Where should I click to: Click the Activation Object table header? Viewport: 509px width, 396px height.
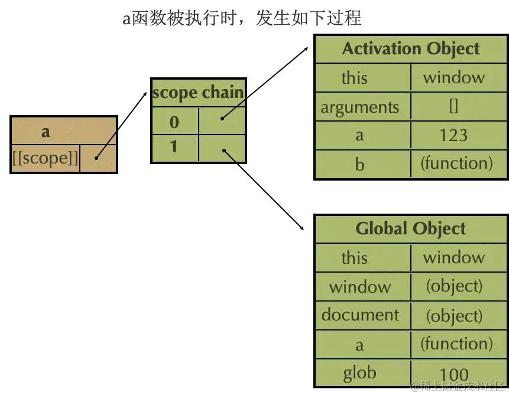click(x=410, y=48)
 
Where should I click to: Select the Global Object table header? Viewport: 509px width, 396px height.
click(x=410, y=228)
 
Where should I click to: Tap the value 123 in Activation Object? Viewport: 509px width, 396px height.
click(x=453, y=135)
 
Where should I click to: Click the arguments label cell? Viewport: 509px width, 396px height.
click(x=359, y=107)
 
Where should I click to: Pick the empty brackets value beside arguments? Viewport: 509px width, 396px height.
click(x=453, y=106)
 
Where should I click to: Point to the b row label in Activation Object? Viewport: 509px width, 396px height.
click(x=359, y=164)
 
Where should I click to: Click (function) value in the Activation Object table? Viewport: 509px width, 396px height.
click(x=456, y=163)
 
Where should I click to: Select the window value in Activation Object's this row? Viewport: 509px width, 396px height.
click(x=453, y=77)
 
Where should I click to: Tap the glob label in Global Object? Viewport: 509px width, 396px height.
click(x=359, y=373)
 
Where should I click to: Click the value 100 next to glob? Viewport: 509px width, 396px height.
click(x=453, y=374)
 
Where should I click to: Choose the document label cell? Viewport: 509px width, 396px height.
click(x=360, y=315)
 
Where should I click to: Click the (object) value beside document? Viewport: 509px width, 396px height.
click(x=454, y=316)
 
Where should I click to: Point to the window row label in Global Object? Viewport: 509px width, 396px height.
click(x=360, y=287)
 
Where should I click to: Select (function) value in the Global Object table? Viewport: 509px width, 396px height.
click(x=456, y=343)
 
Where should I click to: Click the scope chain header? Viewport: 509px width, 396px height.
click(x=198, y=93)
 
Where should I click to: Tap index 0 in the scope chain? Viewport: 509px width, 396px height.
click(x=174, y=122)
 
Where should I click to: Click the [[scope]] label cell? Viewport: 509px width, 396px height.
click(x=45, y=158)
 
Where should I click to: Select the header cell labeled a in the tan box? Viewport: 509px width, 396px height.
click(x=46, y=131)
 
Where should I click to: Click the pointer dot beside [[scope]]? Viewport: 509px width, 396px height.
click(x=96, y=158)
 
